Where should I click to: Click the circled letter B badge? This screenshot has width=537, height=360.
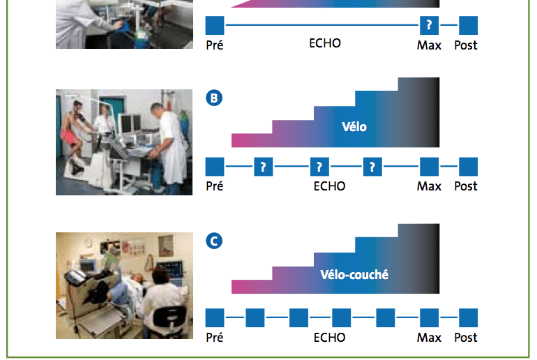[x=214, y=98]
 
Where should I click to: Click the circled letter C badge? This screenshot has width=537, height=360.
[x=214, y=241]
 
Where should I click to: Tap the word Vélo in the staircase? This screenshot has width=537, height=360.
[x=354, y=127]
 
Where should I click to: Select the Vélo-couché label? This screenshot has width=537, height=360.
[x=354, y=274]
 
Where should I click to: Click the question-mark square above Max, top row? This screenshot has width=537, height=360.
[x=429, y=25]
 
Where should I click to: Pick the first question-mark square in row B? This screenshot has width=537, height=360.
[x=264, y=167]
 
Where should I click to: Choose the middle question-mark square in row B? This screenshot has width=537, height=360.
[x=319, y=167]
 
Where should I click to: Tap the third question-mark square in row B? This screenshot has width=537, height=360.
[x=372, y=167]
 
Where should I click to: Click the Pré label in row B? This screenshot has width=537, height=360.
[x=214, y=186]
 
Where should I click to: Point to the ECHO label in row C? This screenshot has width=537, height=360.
[x=329, y=338]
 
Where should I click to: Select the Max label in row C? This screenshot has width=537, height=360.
[x=429, y=338]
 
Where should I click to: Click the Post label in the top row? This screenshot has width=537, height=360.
[x=466, y=45]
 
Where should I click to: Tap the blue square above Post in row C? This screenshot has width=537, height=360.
[x=468, y=318]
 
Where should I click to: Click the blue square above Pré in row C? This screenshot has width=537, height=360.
[x=215, y=318]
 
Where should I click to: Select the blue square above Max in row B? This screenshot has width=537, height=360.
[x=429, y=167]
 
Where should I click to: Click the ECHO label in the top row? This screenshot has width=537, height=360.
[x=325, y=43]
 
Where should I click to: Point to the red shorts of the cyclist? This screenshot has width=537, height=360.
[x=68, y=135]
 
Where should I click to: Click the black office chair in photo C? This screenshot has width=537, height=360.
[x=169, y=320]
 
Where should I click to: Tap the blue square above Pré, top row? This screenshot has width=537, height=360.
[x=215, y=25]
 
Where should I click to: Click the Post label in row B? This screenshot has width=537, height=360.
[x=466, y=186]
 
